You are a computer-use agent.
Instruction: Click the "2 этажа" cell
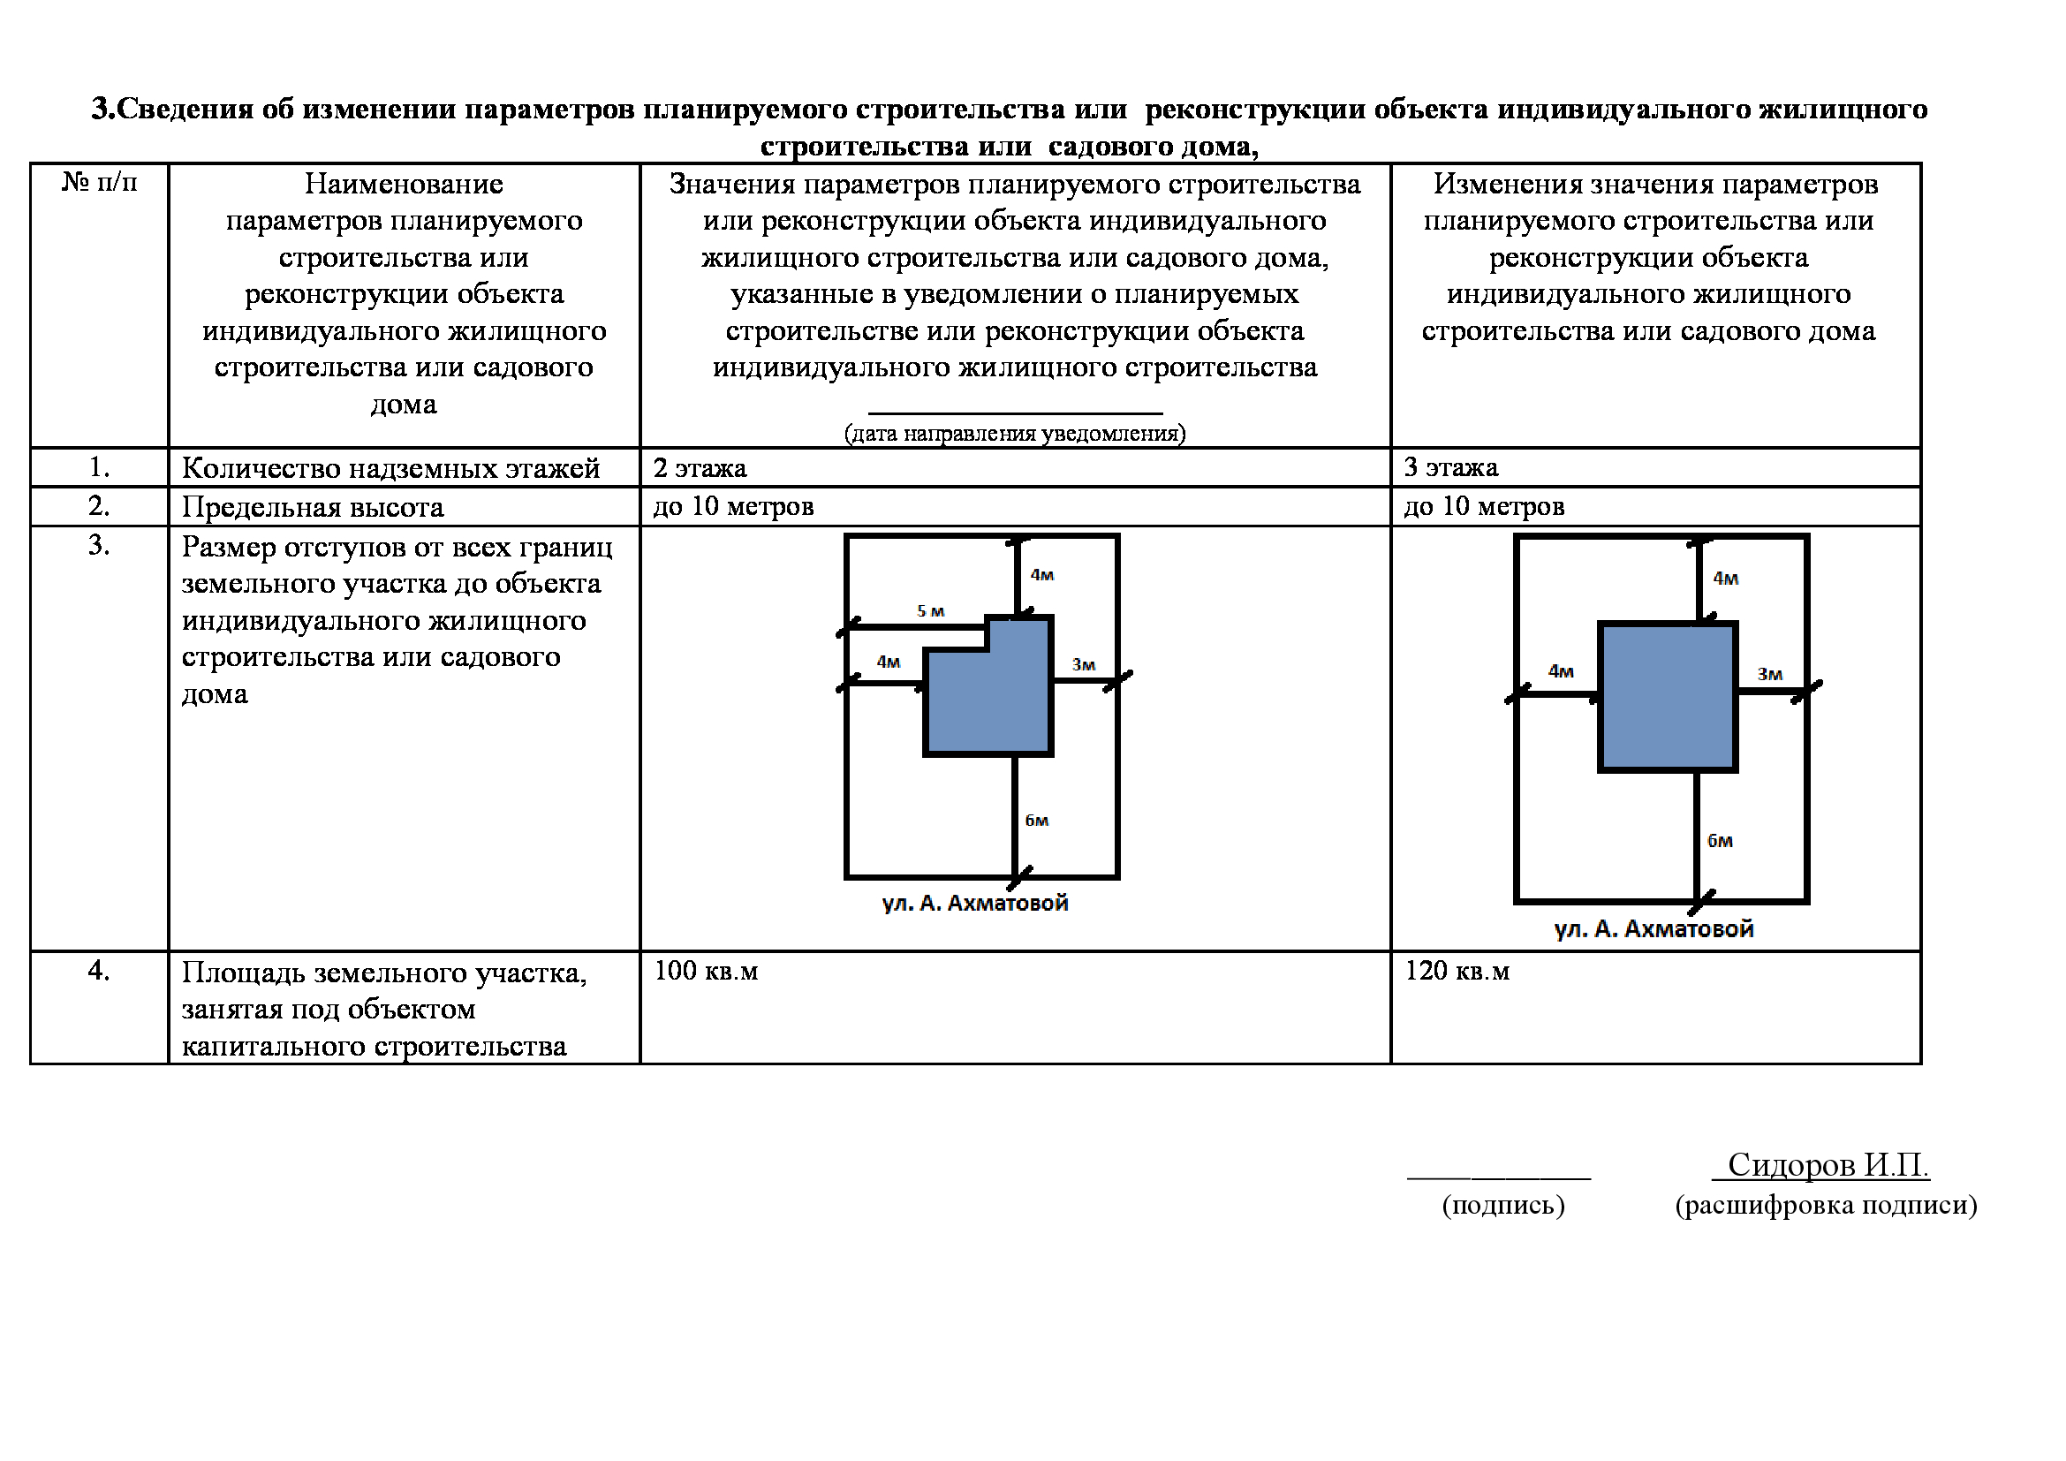700,469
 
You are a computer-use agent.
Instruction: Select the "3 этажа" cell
1450,468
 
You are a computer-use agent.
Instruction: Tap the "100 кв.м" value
706,971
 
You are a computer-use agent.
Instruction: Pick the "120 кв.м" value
1457,971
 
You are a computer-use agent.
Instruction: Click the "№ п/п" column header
99,183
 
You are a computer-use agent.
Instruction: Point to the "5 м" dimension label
930,612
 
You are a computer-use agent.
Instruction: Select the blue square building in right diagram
1668,696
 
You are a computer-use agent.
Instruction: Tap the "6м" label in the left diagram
1037,821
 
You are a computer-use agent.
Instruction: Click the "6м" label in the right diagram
1720,841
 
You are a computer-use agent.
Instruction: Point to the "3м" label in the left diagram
1084,665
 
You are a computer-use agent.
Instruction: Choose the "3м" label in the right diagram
1770,674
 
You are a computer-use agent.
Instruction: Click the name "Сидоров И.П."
1828,1165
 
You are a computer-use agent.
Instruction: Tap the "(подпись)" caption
1502,1206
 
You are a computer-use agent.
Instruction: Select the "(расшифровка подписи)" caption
1826,1205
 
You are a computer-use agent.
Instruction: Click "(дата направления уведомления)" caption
1014,434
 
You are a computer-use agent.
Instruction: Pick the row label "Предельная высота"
312,507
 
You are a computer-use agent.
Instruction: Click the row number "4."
99,971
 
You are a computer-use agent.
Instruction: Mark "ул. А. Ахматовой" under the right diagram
1654,929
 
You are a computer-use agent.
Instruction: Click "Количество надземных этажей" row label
390,469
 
